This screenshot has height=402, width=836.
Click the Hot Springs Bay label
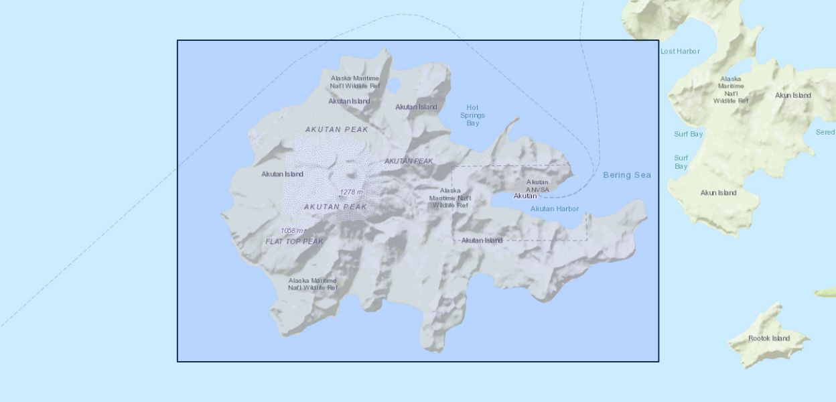pos(472,115)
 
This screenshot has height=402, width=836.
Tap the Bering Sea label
pos(626,176)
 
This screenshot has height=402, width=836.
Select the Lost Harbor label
pos(680,52)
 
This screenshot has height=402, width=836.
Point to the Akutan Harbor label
pos(554,209)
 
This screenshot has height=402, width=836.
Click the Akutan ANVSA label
pos(537,186)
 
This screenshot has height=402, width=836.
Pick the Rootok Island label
pos(769,338)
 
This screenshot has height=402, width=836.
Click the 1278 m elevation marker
pos(351,192)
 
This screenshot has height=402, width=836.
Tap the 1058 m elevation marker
pos(292,230)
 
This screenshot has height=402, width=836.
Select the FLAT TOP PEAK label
pos(294,241)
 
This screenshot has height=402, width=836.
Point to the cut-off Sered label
pos(825,132)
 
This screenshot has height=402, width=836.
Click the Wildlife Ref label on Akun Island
pos(730,90)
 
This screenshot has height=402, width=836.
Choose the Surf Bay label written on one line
pos(688,134)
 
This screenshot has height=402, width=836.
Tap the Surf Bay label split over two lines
pos(681,162)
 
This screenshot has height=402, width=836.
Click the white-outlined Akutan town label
pos(525,196)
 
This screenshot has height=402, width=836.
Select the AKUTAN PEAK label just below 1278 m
pos(336,207)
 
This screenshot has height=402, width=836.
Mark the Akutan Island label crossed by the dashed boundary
pos(482,241)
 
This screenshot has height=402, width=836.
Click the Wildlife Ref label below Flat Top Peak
pos(313,284)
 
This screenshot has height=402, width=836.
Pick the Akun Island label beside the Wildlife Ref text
pos(792,95)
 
